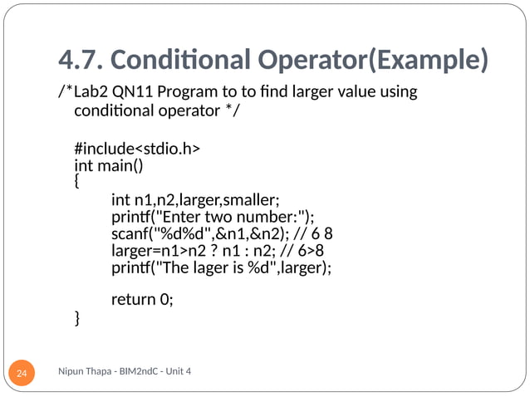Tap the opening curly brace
[78, 179]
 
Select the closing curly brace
[78, 316]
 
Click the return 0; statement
[142, 300]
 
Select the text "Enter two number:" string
[229, 217]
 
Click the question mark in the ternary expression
[219, 251]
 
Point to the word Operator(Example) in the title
[380, 60]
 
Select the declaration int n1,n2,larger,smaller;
[194, 199]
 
